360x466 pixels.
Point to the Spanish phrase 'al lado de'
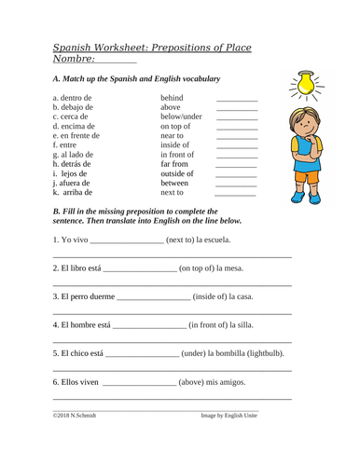[x=79, y=160]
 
